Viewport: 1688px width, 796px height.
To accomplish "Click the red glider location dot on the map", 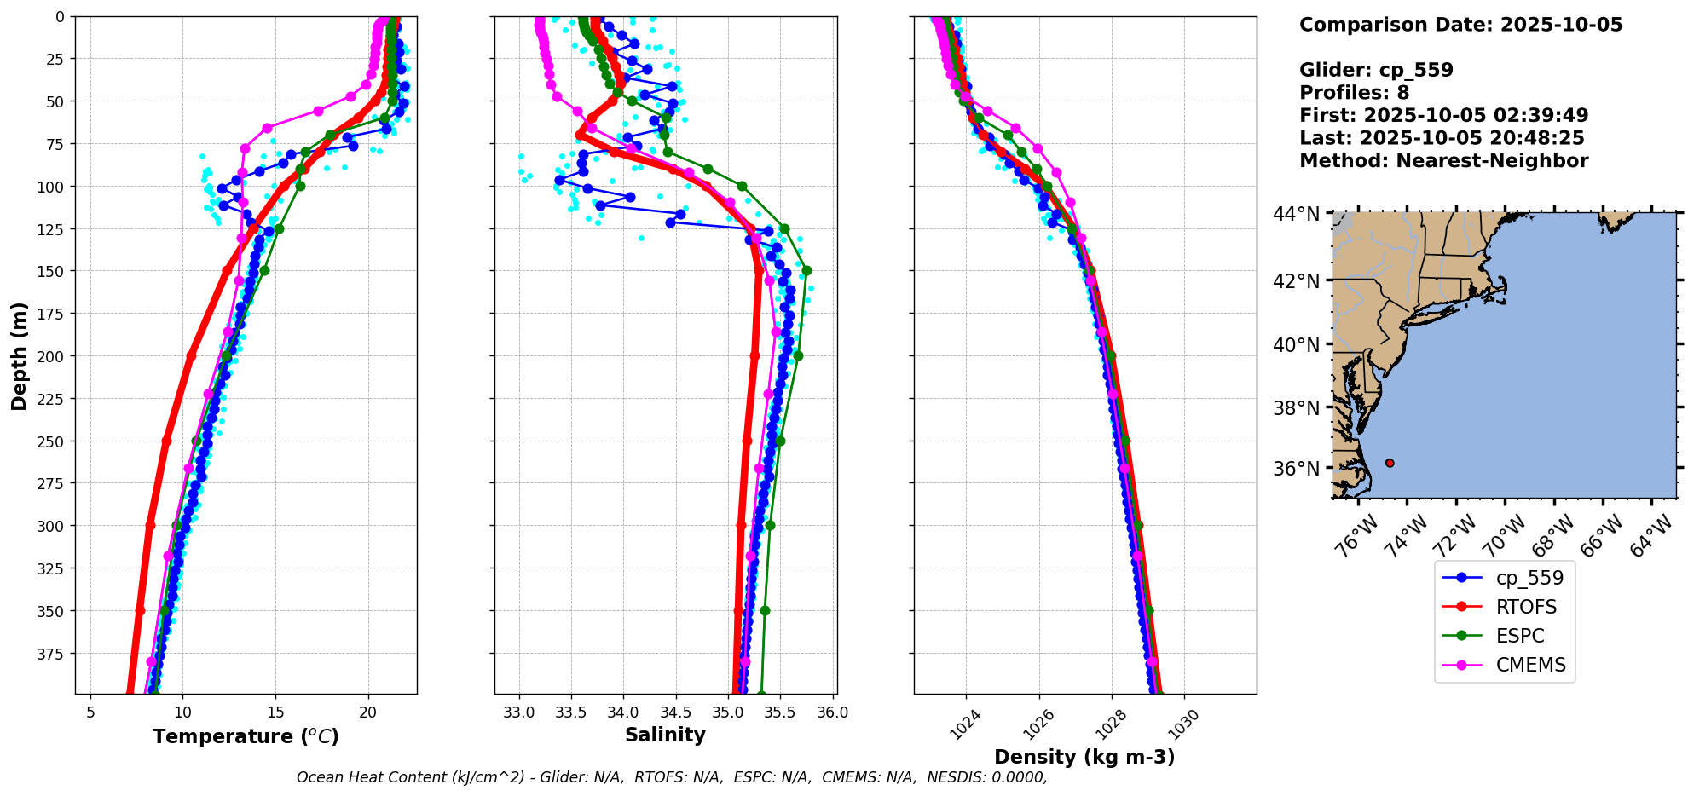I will pos(1390,463).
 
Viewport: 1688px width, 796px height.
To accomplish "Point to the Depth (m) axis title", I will pos(19,355).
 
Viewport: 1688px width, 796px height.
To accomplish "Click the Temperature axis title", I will pos(246,736).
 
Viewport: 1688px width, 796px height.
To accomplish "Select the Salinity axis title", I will pos(665,735).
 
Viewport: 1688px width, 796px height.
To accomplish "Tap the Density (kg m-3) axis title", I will pos(1084,757).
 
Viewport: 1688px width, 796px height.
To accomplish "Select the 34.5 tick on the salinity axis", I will pos(675,712).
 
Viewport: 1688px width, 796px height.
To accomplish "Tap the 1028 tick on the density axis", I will pos(1105,725).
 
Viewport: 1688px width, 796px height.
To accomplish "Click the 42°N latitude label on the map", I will pos(1296,281).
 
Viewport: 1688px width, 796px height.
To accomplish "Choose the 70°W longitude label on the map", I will pos(1502,537).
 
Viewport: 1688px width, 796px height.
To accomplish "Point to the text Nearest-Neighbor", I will pos(1492,161).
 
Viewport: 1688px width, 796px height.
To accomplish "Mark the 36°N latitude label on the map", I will pos(1296,469).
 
